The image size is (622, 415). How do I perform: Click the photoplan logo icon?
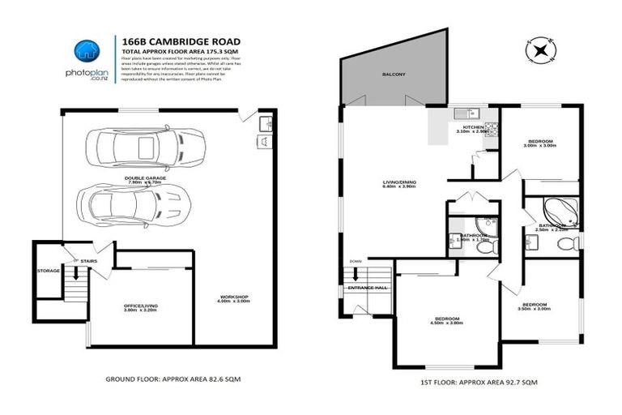85,49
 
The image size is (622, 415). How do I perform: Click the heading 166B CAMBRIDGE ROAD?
180,40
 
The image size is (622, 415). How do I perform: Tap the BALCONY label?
394,75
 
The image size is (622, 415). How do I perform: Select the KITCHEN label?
472,129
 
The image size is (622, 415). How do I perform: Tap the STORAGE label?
49,270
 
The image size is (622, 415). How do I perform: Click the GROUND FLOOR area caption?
173,379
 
